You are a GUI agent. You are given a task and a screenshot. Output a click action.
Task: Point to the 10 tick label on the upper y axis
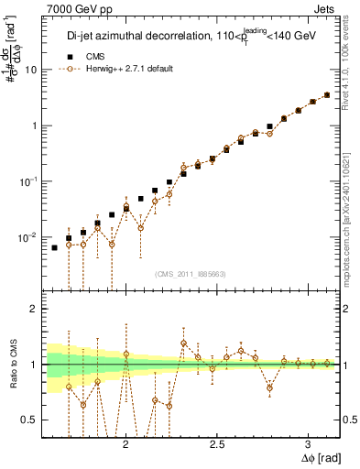pos(32,70)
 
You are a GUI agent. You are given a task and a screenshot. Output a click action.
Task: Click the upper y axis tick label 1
pos(35,125)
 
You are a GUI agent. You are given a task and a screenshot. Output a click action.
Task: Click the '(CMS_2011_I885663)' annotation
pos(191,272)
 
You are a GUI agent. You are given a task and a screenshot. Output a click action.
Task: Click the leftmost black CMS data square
pos(54,247)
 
